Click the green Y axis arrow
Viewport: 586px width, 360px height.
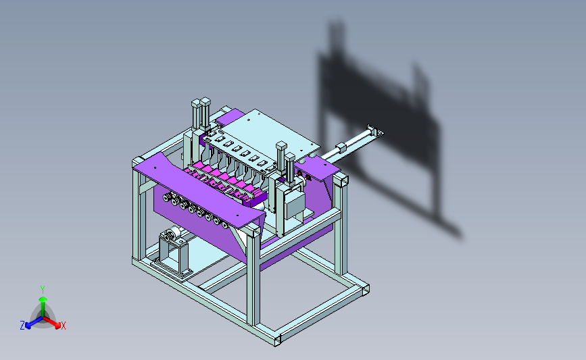43,306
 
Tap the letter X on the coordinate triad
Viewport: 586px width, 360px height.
63,326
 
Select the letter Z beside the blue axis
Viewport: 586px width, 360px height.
22,326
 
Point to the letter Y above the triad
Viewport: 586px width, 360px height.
42,290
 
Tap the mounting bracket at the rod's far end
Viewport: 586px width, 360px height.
375,131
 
